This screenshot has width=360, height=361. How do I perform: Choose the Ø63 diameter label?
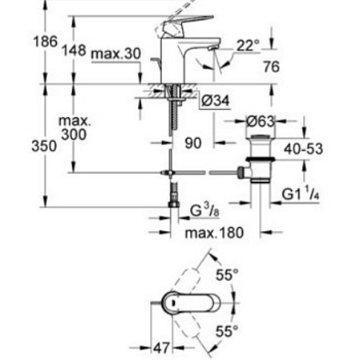[261, 121]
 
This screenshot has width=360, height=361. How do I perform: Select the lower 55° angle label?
[231, 331]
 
